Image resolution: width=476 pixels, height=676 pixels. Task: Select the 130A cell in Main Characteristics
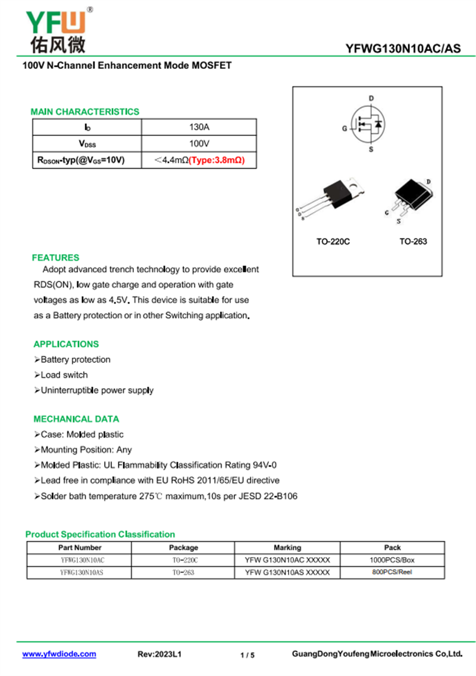point(199,127)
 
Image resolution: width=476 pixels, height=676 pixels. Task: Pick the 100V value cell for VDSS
point(199,144)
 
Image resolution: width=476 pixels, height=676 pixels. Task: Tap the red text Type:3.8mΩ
point(217,160)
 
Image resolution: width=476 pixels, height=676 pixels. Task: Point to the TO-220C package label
point(333,242)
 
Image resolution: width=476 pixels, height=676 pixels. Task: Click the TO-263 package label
point(413,242)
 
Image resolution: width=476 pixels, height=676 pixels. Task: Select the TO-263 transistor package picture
point(410,199)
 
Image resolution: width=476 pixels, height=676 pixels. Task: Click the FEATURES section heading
point(55,258)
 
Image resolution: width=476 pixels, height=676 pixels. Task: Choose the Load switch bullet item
point(64,375)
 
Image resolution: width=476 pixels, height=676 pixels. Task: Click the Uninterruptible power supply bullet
point(96,390)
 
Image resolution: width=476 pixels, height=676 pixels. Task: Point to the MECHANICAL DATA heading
point(76,419)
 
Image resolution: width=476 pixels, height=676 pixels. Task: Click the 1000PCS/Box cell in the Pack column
point(392,560)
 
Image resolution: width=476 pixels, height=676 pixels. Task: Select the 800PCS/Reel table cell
point(392,573)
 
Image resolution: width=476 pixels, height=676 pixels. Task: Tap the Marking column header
point(287,548)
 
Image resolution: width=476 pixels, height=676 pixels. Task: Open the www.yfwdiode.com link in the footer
point(59,654)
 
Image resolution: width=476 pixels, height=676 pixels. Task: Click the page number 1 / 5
point(248,655)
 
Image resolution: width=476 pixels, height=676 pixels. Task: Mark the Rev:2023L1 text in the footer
point(159,655)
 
